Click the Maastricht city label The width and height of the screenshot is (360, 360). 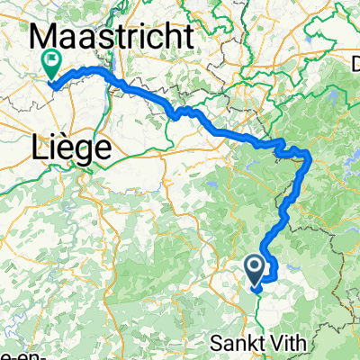(x=112, y=39)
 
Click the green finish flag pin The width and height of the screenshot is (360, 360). (x=50, y=66)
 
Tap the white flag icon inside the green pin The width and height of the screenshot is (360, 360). (x=50, y=62)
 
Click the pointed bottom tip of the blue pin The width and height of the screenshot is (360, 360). (x=255, y=291)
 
